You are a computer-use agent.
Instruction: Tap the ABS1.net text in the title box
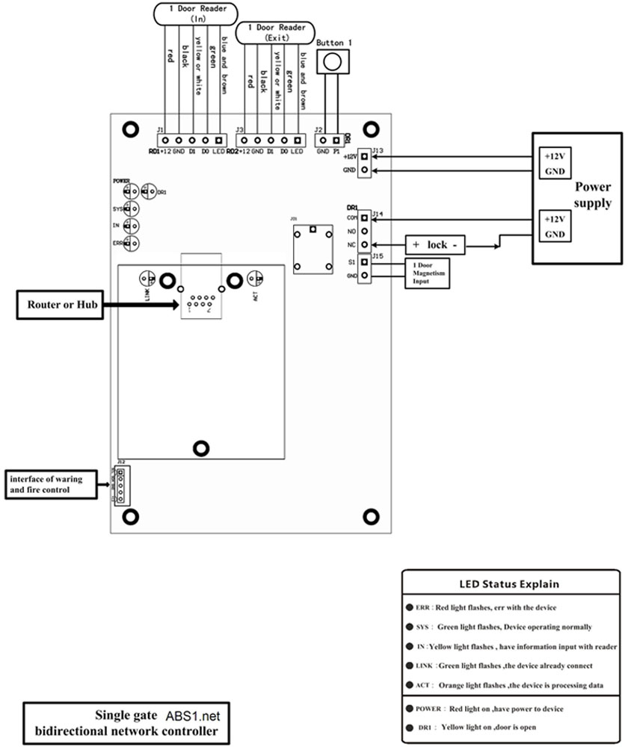click(188, 714)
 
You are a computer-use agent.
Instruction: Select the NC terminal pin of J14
click(364, 244)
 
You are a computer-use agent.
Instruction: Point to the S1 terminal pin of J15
click(364, 261)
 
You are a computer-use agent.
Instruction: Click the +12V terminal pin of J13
click(364, 156)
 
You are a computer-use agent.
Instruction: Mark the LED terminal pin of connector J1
click(218, 140)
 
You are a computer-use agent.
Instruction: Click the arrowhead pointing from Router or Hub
click(173, 305)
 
